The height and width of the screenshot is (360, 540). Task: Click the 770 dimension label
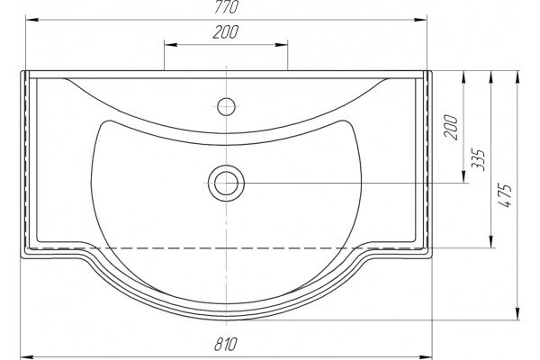[226, 7]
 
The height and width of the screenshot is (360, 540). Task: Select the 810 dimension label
[226, 344]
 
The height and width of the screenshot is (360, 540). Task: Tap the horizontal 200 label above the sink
[226, 32]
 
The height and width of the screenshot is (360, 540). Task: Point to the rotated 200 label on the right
[452, 127]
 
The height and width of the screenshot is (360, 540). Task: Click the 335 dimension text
[478, 160]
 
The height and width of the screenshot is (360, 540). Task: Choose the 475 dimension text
[505, 195]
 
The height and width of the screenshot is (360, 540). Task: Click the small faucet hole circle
[226, 106]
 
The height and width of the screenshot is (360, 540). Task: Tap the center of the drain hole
[226, 184]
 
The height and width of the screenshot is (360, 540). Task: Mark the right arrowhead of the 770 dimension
[420, 20]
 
